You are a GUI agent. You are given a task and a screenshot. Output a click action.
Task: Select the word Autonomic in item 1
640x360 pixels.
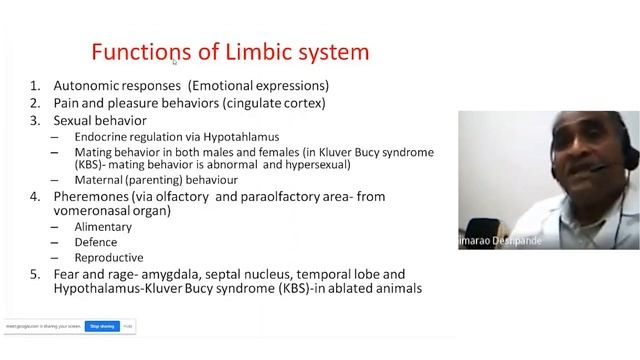point(85,86)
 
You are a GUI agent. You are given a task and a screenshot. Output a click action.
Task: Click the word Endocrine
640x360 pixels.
point(102,136)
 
